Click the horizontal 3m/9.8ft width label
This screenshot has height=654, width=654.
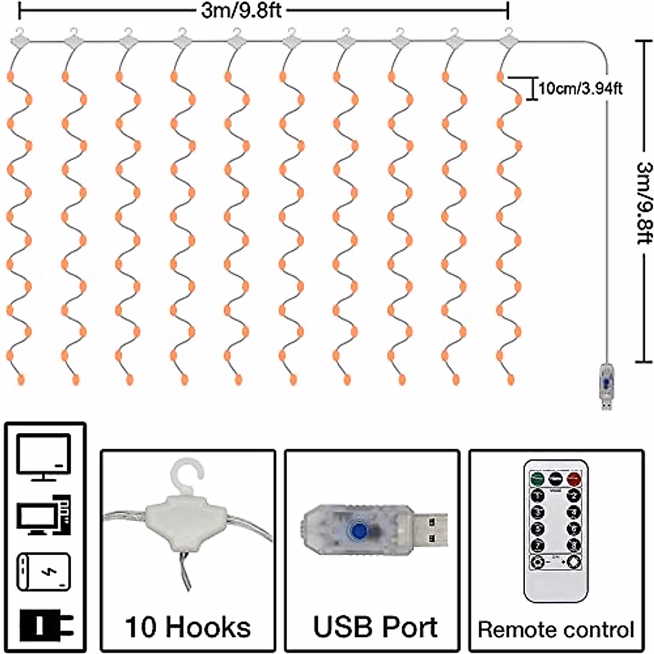(241, 10)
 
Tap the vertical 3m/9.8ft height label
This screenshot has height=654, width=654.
(644, 201)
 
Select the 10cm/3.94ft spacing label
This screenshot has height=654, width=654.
(581, 88)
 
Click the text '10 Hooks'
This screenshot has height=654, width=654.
(188, 627)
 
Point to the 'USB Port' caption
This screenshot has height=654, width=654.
(376, 627)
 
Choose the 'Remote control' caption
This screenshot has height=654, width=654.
(556, 629)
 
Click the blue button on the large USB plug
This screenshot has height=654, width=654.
(358, 530)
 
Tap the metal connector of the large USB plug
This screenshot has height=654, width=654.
(430, 530)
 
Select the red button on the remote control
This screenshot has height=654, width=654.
(573, 479)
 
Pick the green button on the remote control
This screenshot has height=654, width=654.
(538, 479)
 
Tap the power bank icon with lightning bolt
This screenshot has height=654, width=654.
(44, 572)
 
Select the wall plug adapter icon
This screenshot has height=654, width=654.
(45, 624)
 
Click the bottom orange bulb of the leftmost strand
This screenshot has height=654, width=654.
(22, 378)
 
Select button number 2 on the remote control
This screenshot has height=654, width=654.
(573, 495)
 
